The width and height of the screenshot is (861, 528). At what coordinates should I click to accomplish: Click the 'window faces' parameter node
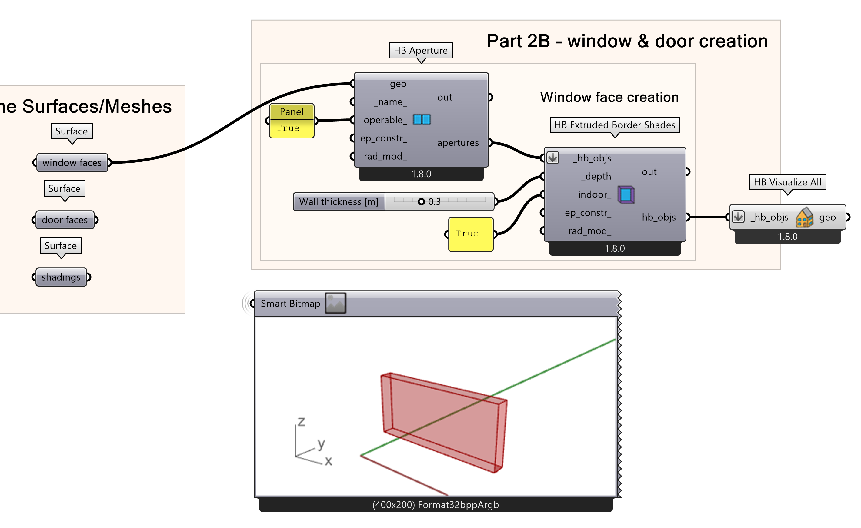[x=72, y=163]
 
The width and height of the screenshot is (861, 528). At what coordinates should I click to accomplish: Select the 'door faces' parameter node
[x=65, y=220]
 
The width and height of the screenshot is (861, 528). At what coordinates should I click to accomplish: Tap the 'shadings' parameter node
[x=61, y=277]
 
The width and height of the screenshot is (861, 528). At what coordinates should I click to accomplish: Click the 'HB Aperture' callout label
[x=420, y=51]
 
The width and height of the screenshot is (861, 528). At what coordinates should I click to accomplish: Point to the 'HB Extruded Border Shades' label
[x=615, y=125]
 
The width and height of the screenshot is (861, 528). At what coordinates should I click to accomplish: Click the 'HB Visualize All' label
[x=787, y=182]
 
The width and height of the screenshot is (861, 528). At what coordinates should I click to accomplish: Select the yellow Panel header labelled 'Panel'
[x=292, y=112]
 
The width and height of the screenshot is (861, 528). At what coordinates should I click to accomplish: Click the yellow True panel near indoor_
[x=470, y=234]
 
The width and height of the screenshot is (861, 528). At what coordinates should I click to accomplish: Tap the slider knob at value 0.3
[x=422, y=201]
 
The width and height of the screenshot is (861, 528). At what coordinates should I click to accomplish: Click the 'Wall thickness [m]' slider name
[x=339, y=202]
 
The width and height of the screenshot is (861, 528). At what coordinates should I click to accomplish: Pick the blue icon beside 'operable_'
[x=422, y=120]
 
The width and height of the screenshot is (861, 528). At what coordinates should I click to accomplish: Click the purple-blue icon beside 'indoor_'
[x=626, y=194]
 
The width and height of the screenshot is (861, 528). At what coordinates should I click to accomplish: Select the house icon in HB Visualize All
[x=804, y=217]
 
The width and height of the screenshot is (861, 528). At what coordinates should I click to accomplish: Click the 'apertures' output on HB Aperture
[x=458, y=143]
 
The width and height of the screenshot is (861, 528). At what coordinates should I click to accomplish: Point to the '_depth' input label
[x=596, y=176]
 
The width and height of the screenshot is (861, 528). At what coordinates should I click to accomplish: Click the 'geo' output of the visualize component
[x=827, y=217]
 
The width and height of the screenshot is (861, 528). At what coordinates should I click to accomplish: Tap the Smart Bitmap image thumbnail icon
[x=335, y=303]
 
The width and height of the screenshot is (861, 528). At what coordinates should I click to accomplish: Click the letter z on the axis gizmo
[x=301, y=422]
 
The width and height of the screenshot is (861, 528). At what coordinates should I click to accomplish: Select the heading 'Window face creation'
[x=609, y=98]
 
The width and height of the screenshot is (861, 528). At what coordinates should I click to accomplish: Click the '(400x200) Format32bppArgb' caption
[x=436, y=505]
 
